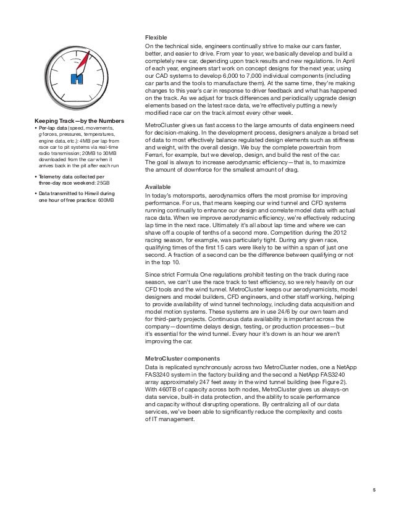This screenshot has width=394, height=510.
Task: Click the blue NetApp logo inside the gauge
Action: [x=77, y=78]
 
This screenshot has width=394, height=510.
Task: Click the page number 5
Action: [x=374, y=491]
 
